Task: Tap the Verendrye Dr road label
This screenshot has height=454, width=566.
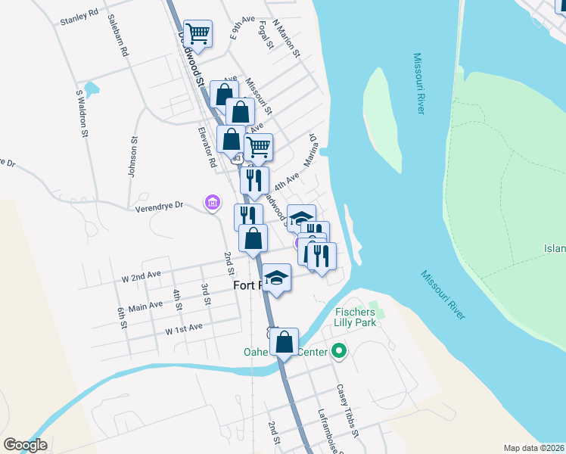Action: (160, 205)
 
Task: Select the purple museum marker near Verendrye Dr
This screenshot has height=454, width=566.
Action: (212, 202)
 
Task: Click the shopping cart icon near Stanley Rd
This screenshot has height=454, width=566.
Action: (197, 33)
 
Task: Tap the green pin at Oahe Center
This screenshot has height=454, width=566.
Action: (339, 351)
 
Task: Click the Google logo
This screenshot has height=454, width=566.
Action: (25, 445)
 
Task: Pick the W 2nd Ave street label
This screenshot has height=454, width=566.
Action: (142, 278)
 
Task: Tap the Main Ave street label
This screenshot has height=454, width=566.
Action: (145, 306)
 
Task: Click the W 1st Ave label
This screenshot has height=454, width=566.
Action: (184, 328)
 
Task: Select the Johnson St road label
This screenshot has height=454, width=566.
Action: (132, 157)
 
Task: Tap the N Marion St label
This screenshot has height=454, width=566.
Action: (287, 39)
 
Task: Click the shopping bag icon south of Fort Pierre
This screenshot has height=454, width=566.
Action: (284, 342)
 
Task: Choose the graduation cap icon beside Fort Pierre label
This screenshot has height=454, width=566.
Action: (277, 278)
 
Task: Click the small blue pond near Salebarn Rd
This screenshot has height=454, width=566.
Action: (92, 90)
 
